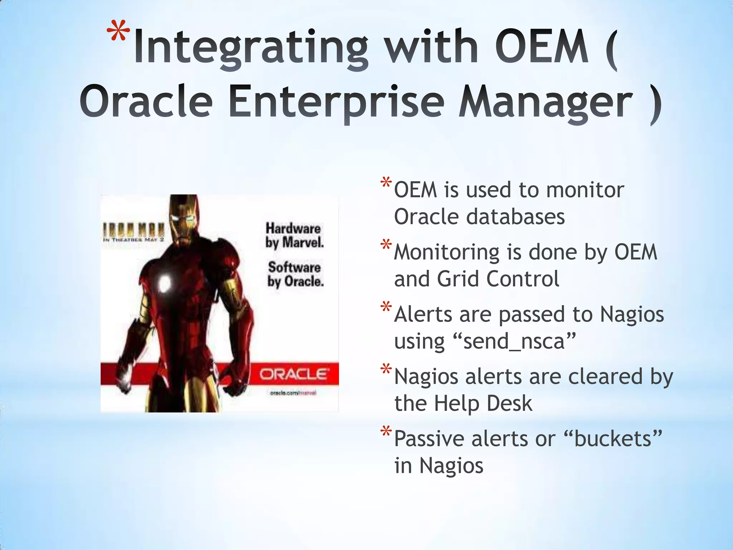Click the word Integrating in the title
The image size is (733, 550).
click(251, 48)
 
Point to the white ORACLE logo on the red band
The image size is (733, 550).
click(293, 375)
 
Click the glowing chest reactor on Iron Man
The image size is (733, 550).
click(165, 283)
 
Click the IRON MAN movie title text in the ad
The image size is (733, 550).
click(134, 228)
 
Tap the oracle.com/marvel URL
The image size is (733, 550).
click(293, 393)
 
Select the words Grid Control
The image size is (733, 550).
click(498, 279)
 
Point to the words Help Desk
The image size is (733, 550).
click(483, 404)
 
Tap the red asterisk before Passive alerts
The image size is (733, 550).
click(386, 432)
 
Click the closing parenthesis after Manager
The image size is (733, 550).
click(655, 104)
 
